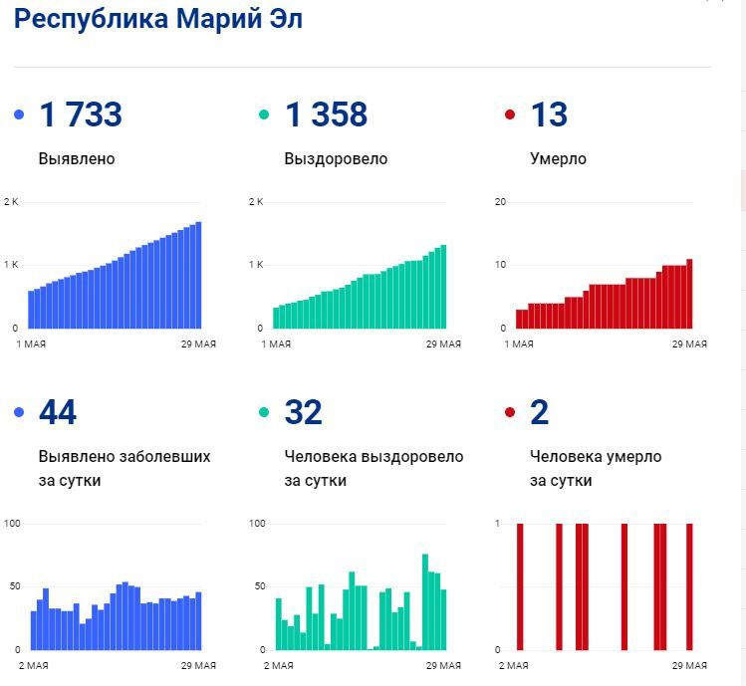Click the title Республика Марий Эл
158,19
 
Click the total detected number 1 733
80,115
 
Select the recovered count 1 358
326,115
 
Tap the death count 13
549,115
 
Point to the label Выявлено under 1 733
77,159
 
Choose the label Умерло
559,159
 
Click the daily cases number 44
58,412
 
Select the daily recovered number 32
304,412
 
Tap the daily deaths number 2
540,412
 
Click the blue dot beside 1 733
19,115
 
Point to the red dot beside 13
511,115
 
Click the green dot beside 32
265,412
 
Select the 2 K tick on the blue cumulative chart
11,202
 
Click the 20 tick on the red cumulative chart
501,202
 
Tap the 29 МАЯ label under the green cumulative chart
443,344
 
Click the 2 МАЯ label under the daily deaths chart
514,665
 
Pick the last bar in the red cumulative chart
689,294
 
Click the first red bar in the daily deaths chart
519,586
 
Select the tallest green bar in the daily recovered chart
425,601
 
